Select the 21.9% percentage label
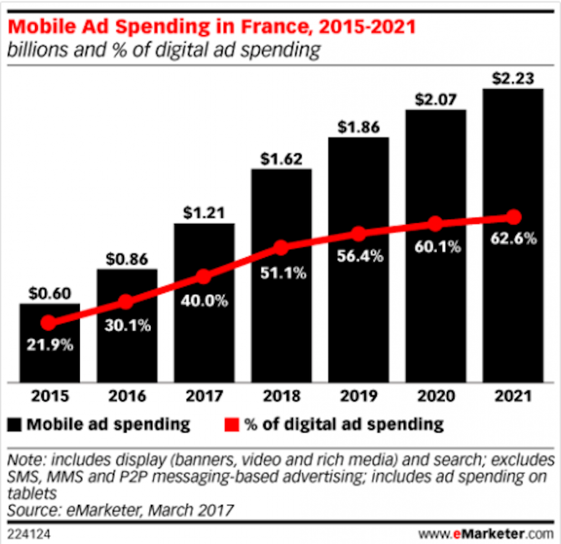49,344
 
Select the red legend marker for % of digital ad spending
231,425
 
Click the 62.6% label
513,239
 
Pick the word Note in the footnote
24,461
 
